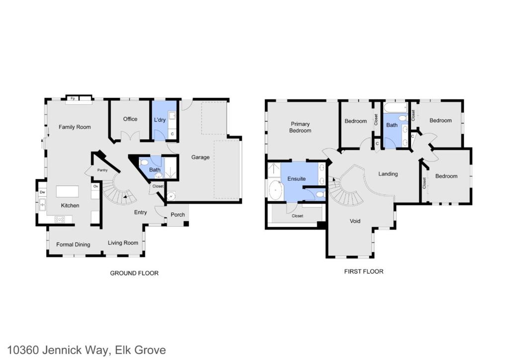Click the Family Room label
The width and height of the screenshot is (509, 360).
tap(75, 127)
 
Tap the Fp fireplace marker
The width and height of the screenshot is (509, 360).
tap(73, 98)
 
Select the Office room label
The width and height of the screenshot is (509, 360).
tap(130, 119)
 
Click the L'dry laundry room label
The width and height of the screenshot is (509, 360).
tap(160, 120)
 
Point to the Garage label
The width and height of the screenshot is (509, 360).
tap(200, 157)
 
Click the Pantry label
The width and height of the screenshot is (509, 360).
tap(102, 170)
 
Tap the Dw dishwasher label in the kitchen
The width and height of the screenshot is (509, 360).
tap(43, 192)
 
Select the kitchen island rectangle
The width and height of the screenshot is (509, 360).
tap(67, 191)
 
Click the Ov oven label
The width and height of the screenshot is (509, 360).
tap(95, 186)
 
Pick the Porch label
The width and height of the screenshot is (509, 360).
tap(178, 215)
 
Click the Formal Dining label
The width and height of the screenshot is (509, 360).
tap(74, 245)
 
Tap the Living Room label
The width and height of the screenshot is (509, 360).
tap(123, 243)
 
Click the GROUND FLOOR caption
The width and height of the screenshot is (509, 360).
tap(134, 273)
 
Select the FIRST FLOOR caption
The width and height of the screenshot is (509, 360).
tap(364, 271)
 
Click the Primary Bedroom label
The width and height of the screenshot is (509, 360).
tap(300, 127)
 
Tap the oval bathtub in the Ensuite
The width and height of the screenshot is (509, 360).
tap(275, 190)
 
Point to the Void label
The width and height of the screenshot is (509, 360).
tap(355, 221)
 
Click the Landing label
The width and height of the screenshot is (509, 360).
tap(388, 174)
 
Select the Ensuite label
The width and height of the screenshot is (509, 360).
tap(296, 179)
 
